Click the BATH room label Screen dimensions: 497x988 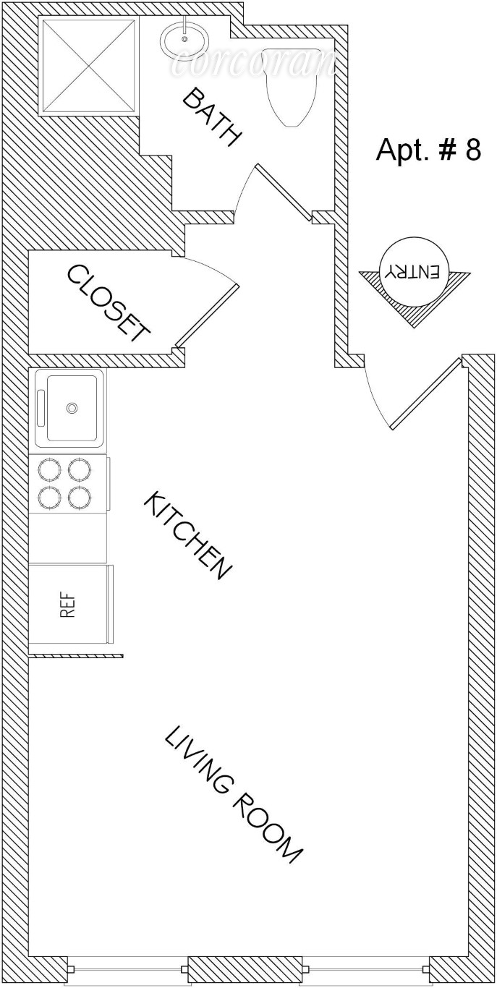[x=211, y=117]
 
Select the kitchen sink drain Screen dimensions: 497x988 [x=72, y=408]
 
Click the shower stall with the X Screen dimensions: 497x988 [x=89, y=67]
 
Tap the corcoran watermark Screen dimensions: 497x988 [x=252, y=64]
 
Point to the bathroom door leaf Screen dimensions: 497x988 [x=284, y=191]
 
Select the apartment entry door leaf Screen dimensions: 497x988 [x=426, y=393]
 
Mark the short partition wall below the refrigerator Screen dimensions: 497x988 [x=76, y=655]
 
